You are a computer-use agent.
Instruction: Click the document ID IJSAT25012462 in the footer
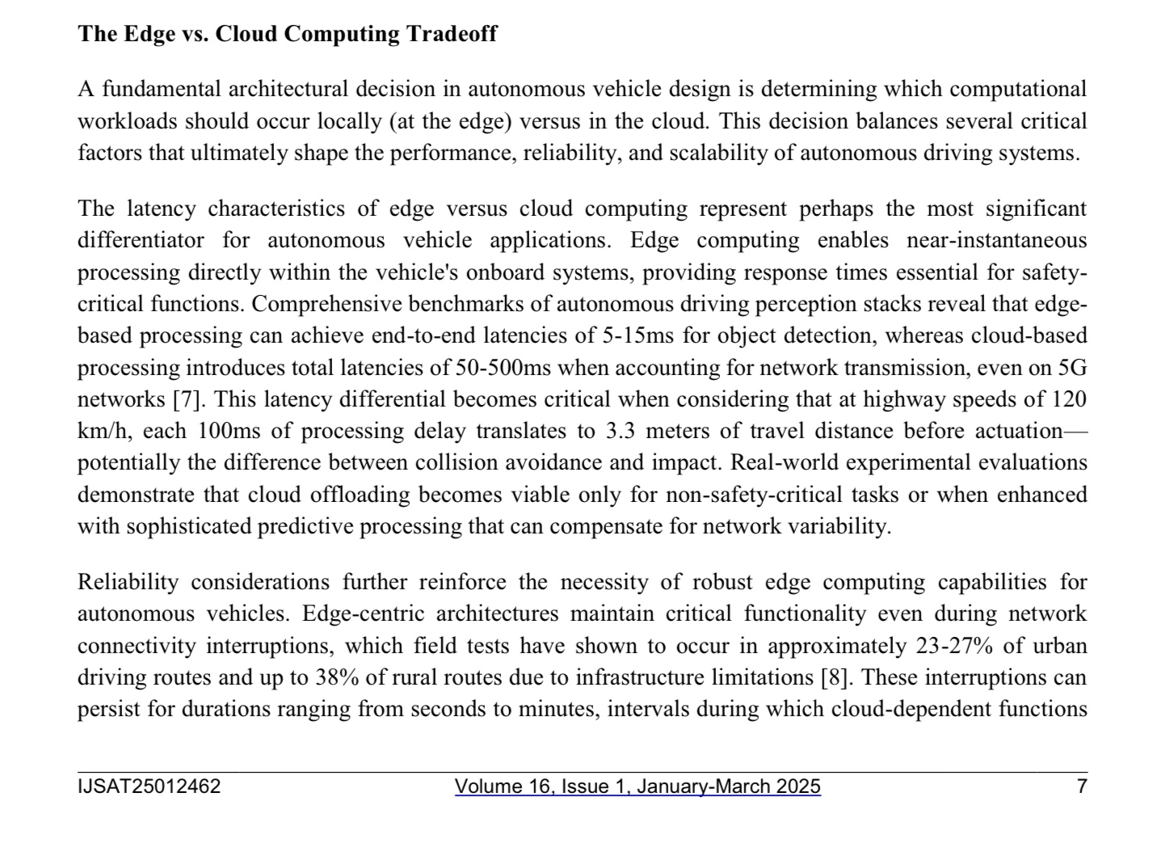point(149,787)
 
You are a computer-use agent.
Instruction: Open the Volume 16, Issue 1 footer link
point(638,787)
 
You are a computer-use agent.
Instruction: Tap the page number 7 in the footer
point(1082,787)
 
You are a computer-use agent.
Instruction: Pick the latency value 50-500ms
point(503,368)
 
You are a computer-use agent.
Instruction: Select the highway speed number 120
point(1068,399)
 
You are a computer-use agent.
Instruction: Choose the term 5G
point(1072,368)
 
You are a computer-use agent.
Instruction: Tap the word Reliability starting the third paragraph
point(128,582)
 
